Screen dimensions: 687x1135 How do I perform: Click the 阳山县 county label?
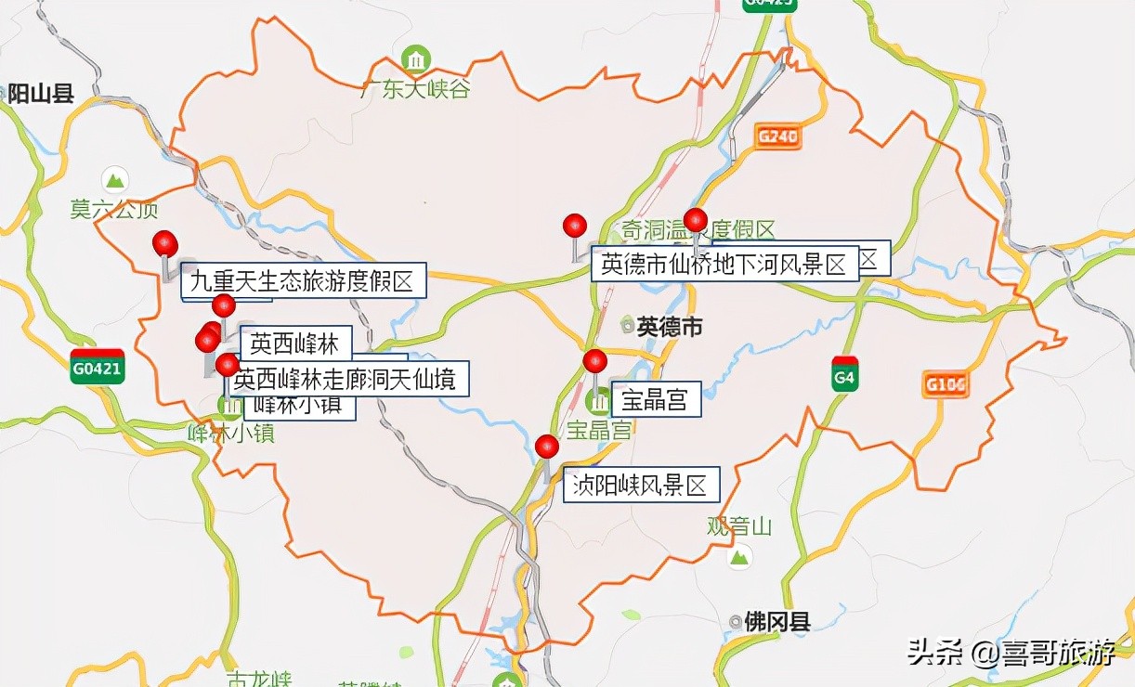(x=41, y=93)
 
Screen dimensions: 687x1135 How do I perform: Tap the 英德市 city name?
(x=669, y=326)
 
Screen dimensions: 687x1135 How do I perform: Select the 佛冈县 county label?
(x=776, y=621)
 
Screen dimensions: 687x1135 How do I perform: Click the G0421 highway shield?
(x=98, y=366)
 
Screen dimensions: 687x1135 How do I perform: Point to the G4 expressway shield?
(x=844, y=373)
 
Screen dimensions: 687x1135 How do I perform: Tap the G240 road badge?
(x=777, y=137)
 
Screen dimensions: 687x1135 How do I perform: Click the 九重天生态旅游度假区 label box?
(x=303, y=280)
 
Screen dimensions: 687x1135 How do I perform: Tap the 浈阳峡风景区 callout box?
(x=641, y=485)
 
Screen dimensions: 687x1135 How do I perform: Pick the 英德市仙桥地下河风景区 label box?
(x=724, y=265)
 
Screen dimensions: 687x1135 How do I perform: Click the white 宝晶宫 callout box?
(x=655, y=400)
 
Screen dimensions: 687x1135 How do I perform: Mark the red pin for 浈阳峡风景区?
(x=547, y=447)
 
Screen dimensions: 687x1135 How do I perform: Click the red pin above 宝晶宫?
(x=594, y=361)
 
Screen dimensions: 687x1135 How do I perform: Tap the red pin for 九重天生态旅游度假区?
(x=165, y=243)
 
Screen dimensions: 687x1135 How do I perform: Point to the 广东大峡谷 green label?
(x=416, y=89)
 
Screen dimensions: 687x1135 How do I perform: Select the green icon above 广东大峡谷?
(x=415, y=60)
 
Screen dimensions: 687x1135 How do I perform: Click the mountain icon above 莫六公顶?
(x=115, y=179)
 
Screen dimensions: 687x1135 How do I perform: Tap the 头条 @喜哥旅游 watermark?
(x=1011, y=652)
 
